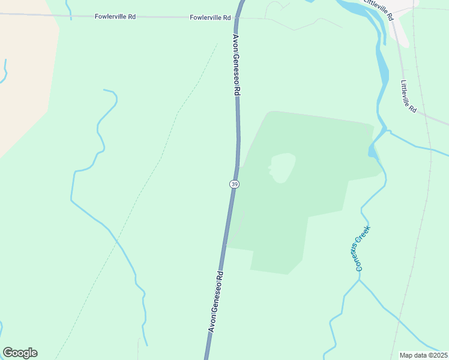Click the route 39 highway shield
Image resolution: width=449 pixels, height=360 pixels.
pyautogui.click(x=234, y=184)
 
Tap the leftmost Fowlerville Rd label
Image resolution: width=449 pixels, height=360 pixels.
pyautogui.click(x=115, y=17)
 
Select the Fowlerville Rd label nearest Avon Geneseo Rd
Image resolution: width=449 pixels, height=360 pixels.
pyautogui.click(x=210, y=18)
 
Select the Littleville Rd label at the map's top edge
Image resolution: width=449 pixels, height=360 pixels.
pyautogui.click(x=379, y=9)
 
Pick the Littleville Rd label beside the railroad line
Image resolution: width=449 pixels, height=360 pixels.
pyautogui.click(x=408, y=95)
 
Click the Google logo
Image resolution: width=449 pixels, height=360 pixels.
pyautogui.click(x=20, y=353)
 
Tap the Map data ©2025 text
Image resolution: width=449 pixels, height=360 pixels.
pyautogui.click(x=423, y=355)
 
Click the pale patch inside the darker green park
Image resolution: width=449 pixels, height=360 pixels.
pyautogui.click(x=283, y=167)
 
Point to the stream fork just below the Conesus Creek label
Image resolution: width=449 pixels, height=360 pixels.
pyautogui.click(x=359, y=280)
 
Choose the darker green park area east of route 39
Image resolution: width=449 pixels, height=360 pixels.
pyautogui.click(x=318, y=180)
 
